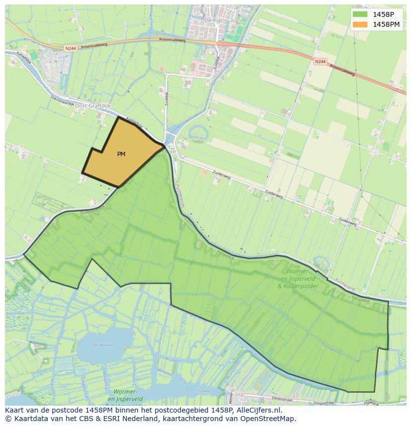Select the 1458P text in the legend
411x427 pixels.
pos(383,14)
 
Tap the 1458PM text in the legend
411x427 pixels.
pos(386,24)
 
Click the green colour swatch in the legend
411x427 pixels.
pos(360,14)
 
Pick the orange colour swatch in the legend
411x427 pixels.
pos(360,24)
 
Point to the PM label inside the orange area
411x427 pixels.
pos(121,154)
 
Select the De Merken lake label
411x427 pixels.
pos(103,345)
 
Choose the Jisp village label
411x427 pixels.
pos(240,395)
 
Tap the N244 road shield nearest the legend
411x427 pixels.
pos(321,61)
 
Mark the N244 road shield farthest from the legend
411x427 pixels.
pos(70,48)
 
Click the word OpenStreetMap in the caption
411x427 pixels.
pos(270,419)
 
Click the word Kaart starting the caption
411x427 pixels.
pos(15,410)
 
